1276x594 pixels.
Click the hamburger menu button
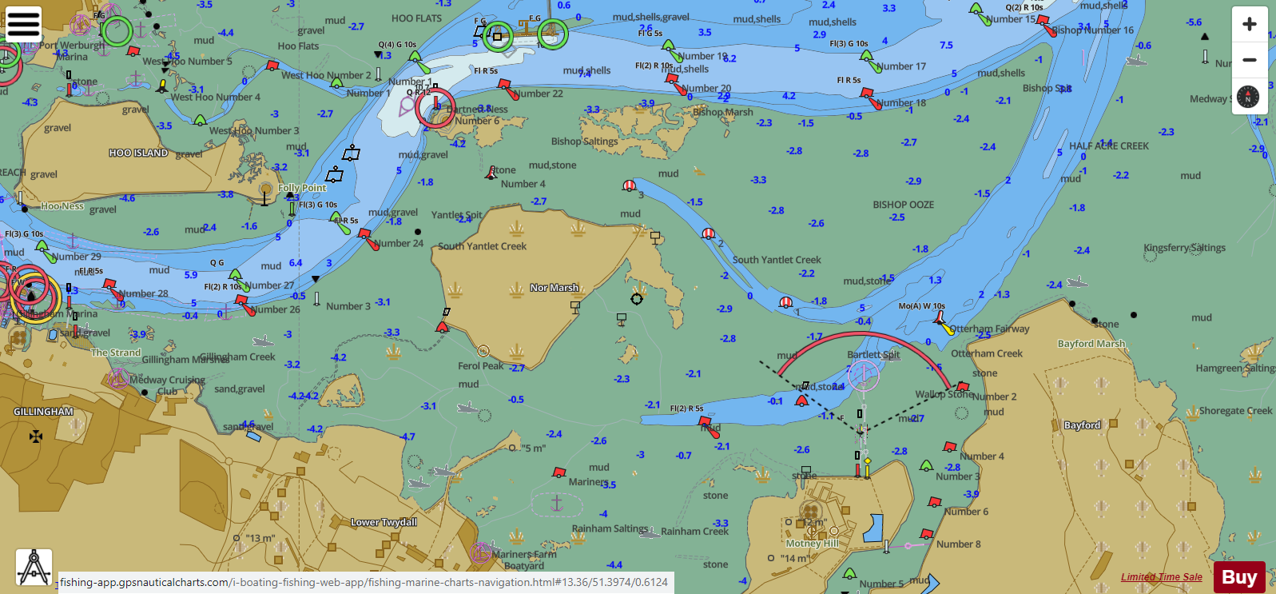pyautogui.click(x=23, y=24)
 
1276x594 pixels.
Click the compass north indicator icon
pyautogui.click(x=1248, y=97)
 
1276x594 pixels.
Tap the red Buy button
pyautogui.click(x=1238, y=577)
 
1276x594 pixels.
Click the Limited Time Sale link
pyautogui.click(x=1161, y=577)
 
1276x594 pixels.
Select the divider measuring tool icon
pyautogui.click(x=34, y=567)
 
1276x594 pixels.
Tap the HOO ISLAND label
pyautogui.click(x=138, y=153)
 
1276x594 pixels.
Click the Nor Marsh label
pyautogui.click(x=554, y=288)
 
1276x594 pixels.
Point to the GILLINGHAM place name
pyautogui.click(x=43, y=412)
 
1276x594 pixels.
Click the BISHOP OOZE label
pyautogui.click(x=903, y=205)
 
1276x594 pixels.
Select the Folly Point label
pyautogui.click(x=302, y=188)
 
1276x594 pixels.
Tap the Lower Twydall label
pyautogui.click(x=384, y=522)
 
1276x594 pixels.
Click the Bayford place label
pyautogui.click(x=1082, y=425)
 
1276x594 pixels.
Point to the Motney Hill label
pyautogui.click(x=812, y=543)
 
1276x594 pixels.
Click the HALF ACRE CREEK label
pyautogui.click(x=1108, y=146)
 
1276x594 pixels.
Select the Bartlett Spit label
pyautogui.click(x=873, y=354)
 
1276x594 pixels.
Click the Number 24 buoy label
pyautogui.click(x=399, y=243)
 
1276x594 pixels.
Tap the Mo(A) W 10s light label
pyautogui.click(x=921, y=306)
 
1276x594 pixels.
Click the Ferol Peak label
pyautogui.click(x=480, y=366)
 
